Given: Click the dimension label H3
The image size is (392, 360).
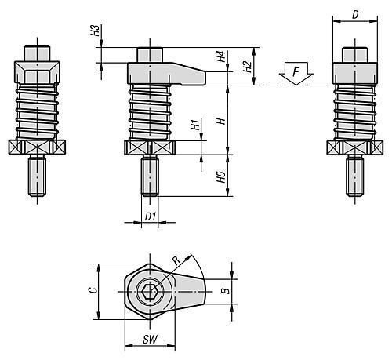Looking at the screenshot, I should click(x=95, y=32).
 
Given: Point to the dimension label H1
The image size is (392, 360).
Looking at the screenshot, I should click(x=194, y=125).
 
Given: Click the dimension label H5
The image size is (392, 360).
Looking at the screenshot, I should click(x=221, y=177).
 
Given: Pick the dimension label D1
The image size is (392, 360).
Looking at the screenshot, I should click(x=151, y=216).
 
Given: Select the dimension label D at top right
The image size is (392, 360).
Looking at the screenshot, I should click(x=356, y=13).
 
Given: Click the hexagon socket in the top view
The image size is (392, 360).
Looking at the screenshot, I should click(x=150, y=296).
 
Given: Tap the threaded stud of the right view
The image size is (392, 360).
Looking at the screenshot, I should click(x=355, y=176).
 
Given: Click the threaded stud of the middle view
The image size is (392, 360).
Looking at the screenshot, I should click(x=151, y=176).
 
